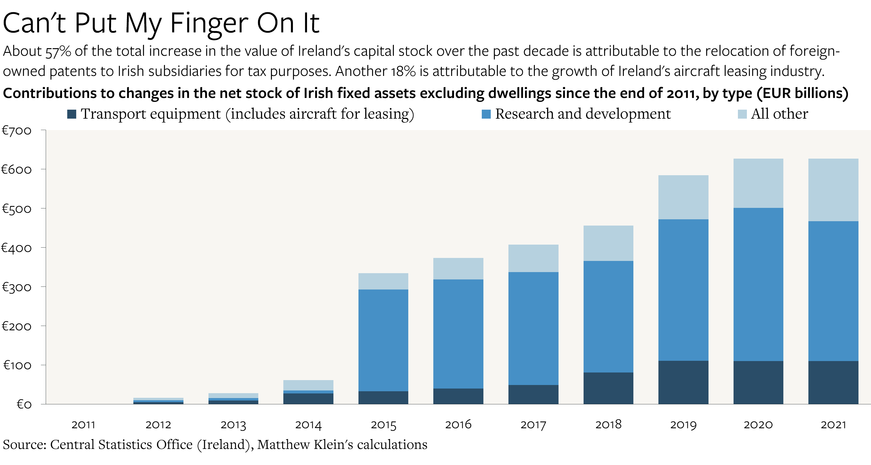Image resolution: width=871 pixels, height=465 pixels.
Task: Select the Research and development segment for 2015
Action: click(x=383, y=340)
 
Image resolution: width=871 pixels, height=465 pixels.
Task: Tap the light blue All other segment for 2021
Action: click(x=833, y=190)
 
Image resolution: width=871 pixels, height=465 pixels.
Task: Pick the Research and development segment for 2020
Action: click(x=758, y=284)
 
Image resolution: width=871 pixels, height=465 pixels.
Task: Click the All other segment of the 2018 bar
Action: click(x=608, y=243)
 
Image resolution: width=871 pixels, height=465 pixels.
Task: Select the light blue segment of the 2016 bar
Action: click(x=458, y=268)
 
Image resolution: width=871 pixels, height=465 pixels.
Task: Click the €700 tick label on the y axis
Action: click(x=17, y=130)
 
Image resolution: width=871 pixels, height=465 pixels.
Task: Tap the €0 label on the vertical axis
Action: click(x=24, y=404)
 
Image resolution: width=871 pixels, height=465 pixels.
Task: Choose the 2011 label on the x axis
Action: click(x=83, y=424)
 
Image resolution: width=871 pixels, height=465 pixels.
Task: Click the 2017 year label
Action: click(x=533, y=424)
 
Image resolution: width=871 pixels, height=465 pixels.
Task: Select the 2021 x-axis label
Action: click(x=833, y=424)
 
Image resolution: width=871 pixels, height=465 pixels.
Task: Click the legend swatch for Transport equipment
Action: click(x=72, y=114)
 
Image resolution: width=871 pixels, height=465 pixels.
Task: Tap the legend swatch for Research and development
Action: click(x=486, y=114)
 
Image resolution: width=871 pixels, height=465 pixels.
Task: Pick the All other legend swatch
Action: click(x=742, y=114)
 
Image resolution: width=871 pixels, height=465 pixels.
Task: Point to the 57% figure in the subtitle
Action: click(x=58, y=52)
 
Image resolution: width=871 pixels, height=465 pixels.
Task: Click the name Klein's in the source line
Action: click(x=333, y=444)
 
